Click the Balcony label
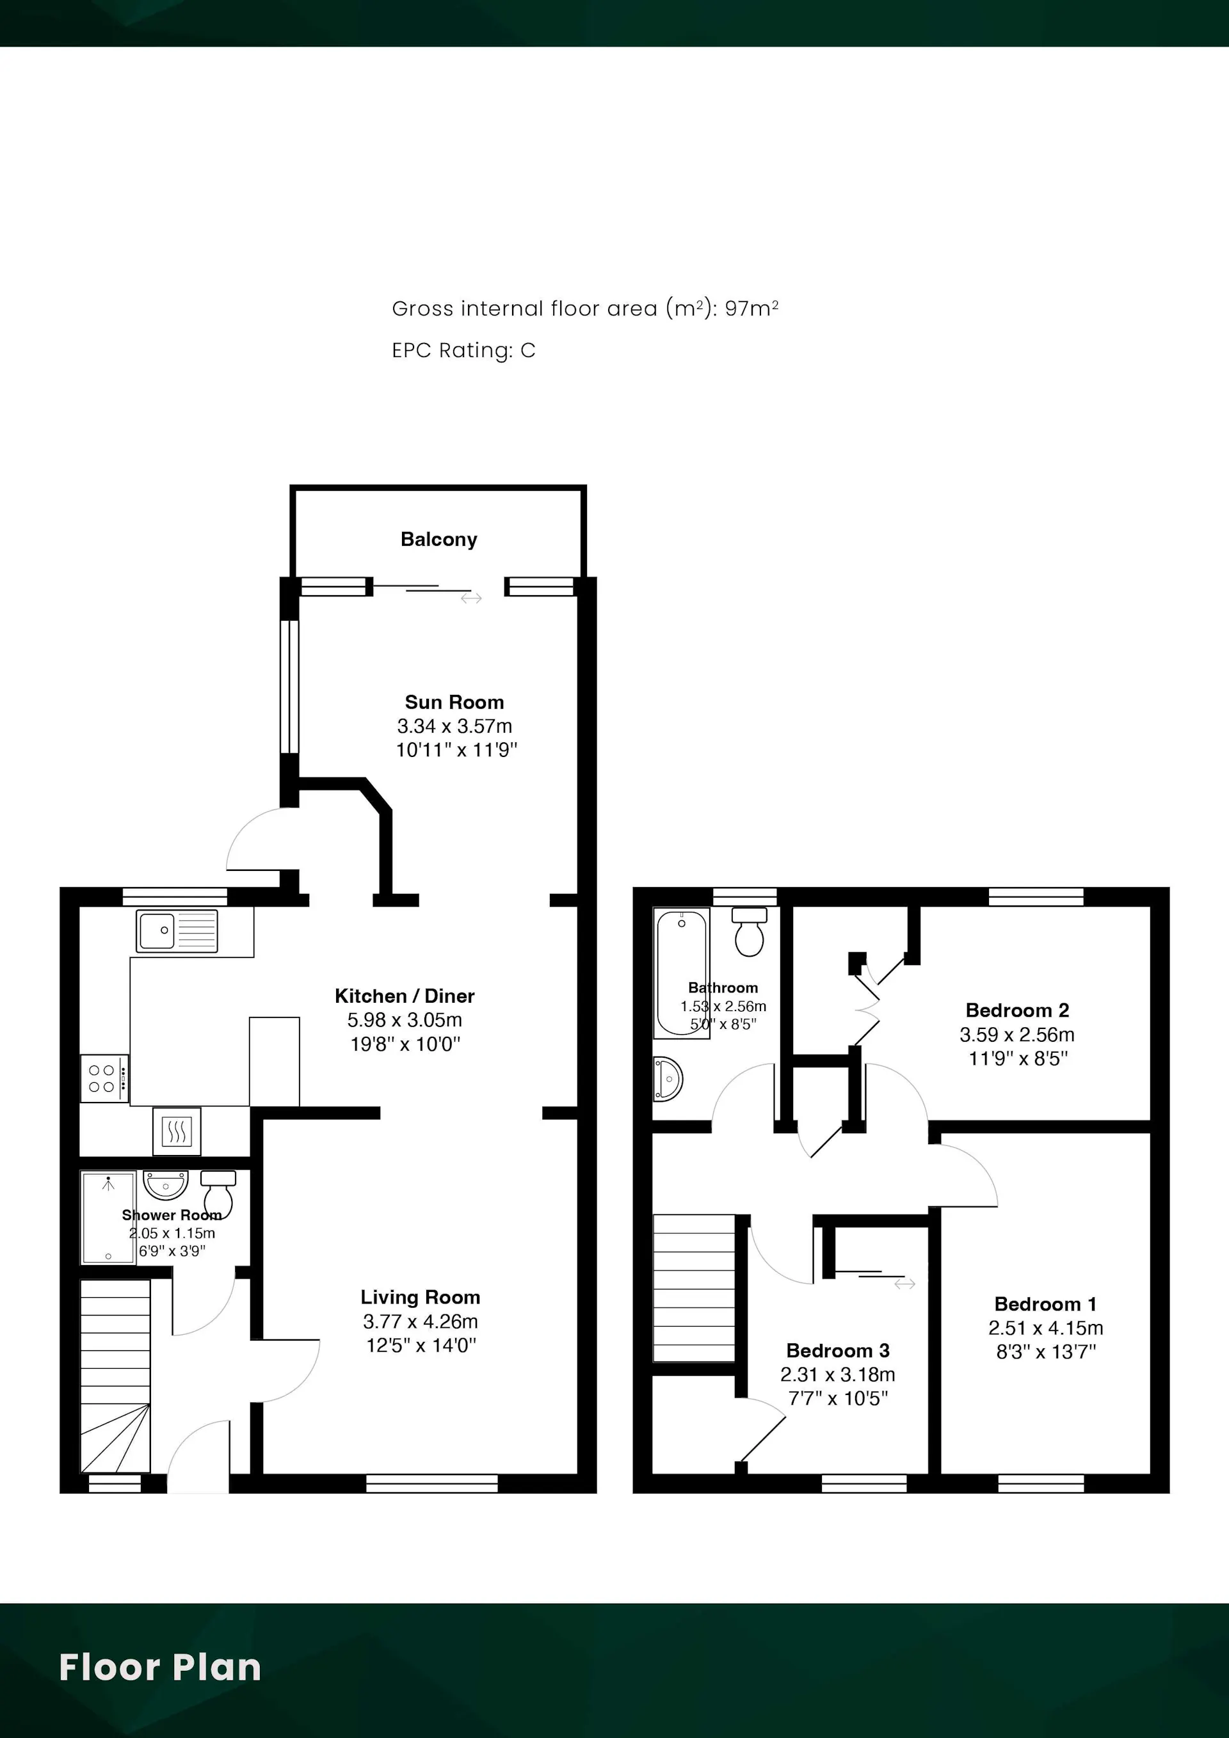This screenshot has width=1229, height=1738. coord(438,539)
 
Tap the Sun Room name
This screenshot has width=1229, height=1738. coord(454,702)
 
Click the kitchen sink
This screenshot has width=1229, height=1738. coord(177,930)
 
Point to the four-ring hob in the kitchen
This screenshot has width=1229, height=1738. coord(104,1078)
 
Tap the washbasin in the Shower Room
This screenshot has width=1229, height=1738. coord(165,1184)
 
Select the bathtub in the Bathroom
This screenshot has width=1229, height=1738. coord(682,973)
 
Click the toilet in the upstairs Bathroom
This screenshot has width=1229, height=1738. coord(749,931)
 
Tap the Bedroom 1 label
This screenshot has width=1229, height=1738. coord(1045,1303)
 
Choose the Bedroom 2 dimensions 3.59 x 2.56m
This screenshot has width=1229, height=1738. coord(1017,1034)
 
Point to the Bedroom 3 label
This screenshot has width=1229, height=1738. coord(837,1350)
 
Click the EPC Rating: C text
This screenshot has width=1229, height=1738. coord(463,351)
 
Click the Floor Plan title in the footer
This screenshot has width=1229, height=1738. coord(160,1668)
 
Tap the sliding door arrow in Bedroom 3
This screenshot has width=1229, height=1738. coord(905,1284)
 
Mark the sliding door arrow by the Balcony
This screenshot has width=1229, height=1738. coord(471,598)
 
